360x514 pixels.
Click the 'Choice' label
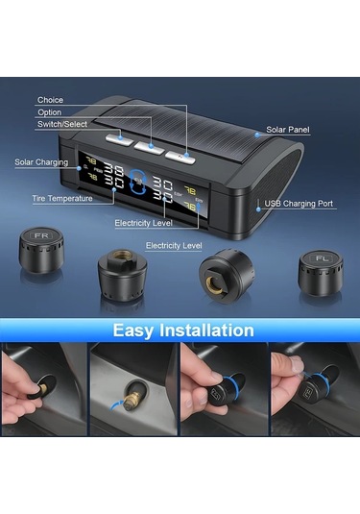pyautogui.click(x=50, y=100)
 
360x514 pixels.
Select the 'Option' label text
pyautogui.click(x=50, y=112)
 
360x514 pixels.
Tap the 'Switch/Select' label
pyautogui.click(x=62, y=125)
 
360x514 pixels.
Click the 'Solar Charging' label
pyautogui.click(x=40, y=161)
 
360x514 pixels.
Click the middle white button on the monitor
pyautogui.click(x=149, y=145)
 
